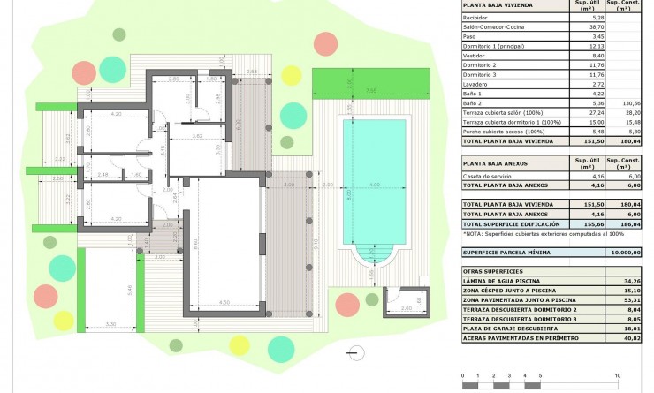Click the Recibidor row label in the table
[x=475, y=17]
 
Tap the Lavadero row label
[x=477, y=83]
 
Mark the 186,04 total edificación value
[x=628, y=225]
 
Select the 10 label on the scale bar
[x=617, y=376]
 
